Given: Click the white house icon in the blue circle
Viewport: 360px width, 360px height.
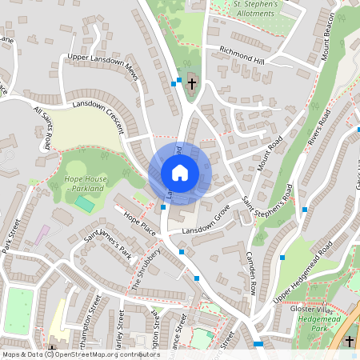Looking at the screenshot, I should [x=180, y=172].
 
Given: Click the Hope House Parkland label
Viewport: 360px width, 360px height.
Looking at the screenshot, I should [x=83, y=183].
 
